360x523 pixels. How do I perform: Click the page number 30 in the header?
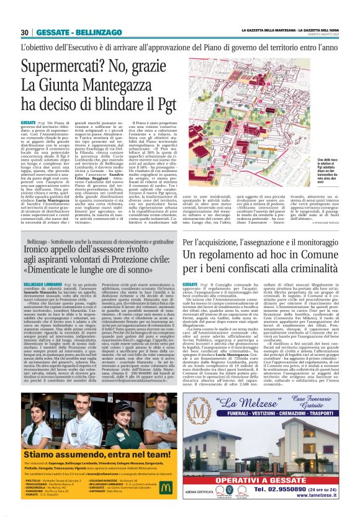(x=24, y=32)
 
